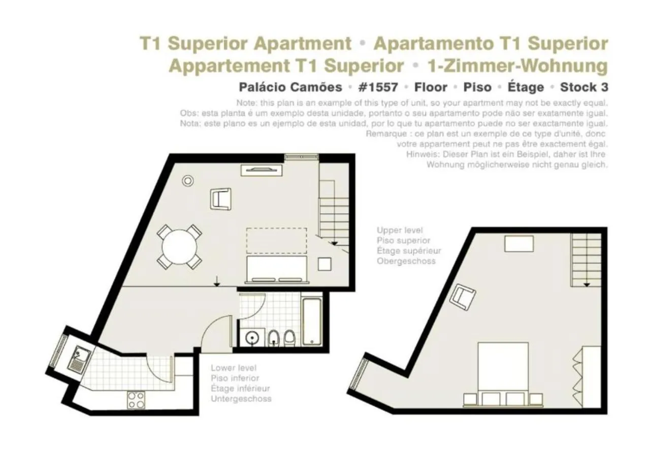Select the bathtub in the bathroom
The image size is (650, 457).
tap(311, 321)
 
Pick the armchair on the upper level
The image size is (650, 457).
tap(463, 298)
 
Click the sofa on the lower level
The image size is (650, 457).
tap(277, 269)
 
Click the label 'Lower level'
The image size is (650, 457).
tap(234, 368)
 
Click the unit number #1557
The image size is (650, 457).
tap(378, 87)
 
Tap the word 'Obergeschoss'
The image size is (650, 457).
tap(406, 261)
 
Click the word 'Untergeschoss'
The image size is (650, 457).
tap(241, 399)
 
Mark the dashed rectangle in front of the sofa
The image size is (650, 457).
tap(277, 241)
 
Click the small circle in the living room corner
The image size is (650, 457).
tap(188, 180)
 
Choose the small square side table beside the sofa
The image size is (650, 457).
tap(324, 264)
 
